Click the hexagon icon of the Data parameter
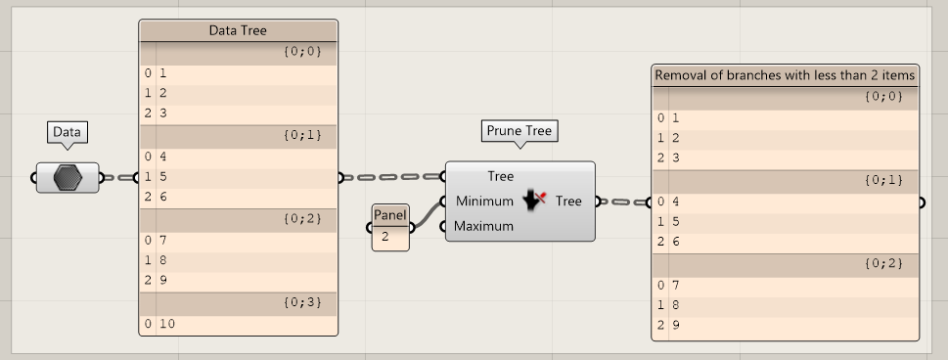(x=68, y=178)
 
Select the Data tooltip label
(x=67, y=132)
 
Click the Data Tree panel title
(x=238, y=30)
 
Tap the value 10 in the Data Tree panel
(x=167, y=324)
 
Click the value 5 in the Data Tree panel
(x=163, y=177)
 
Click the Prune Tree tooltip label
(x=519, y=130)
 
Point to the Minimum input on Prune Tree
(x=484, y=202)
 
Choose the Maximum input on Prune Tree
(x=484, y=226)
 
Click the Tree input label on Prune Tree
(x=500, y=177)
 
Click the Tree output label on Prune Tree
(x=568, y=202)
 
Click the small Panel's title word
(x=389, y=215)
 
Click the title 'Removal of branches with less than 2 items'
(x=785, y=75)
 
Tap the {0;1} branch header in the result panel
(x=883, y=181)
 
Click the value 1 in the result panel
(x=675, y=117)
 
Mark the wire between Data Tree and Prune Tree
(x=391, y=178)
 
